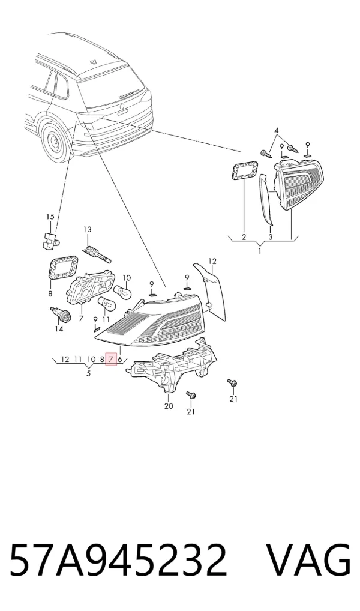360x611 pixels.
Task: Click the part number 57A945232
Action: point(118,560)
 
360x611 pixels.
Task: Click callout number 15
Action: point(50,217)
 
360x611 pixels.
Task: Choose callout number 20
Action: point(169,406)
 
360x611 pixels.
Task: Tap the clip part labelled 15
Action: point(49,239)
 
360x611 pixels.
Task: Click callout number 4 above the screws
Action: point(277,130)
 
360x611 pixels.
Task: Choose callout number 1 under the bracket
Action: point(260,251)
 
